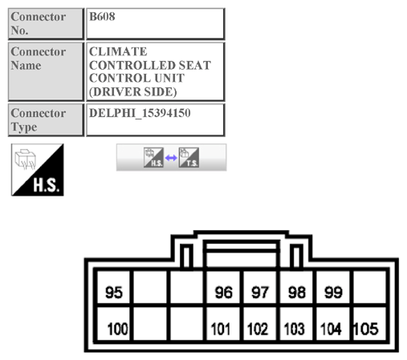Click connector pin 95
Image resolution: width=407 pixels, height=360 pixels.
point(114,293)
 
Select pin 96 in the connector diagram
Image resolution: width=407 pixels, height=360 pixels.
point(223,293)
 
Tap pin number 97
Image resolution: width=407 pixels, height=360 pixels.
point(260,293)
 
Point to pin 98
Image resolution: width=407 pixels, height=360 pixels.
point(296,293)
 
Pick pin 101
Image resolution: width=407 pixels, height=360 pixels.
point(223,329)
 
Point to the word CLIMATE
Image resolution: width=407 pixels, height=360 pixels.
point(118,52)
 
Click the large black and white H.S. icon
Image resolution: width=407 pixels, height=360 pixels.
point(38,170)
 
